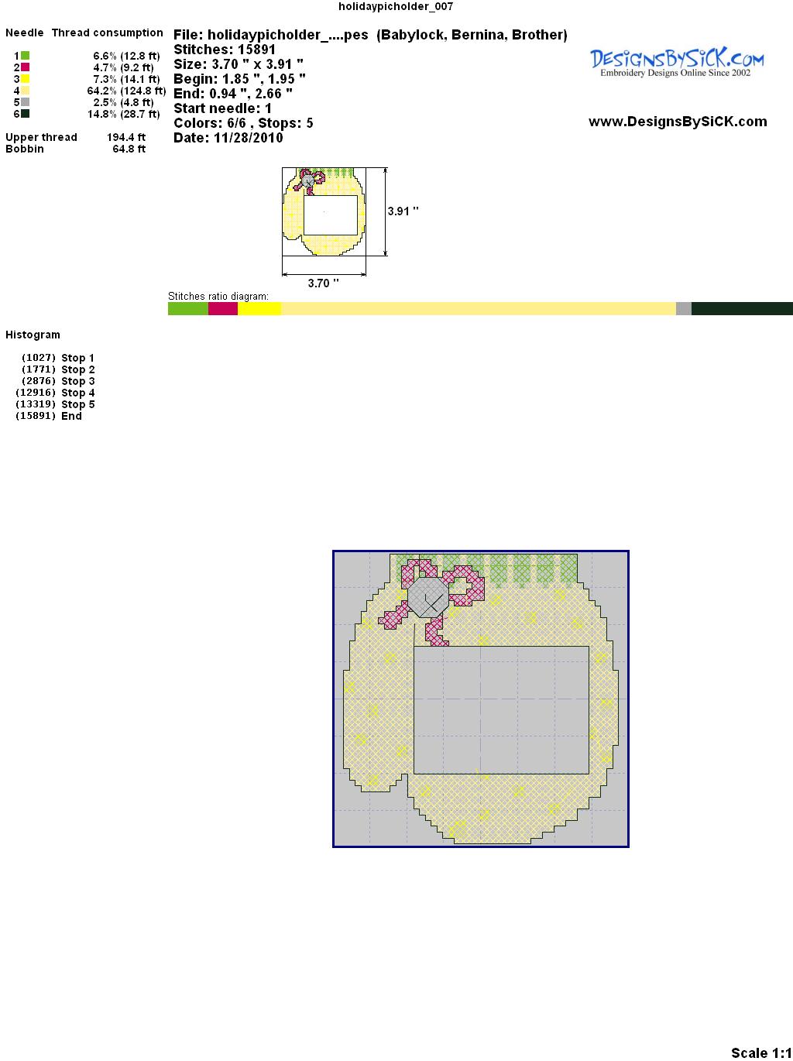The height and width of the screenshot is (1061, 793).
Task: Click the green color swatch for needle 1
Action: tap(25, 56)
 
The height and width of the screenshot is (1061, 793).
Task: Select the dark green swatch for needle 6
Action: tap(25, 114)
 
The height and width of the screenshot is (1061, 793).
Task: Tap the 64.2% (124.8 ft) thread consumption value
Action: tap(126, 91)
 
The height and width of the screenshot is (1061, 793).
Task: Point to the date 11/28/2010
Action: tap(249, 138)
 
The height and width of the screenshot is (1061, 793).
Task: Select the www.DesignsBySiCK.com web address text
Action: tap(678, 122)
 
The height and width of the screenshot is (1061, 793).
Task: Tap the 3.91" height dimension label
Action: tap(403, 211)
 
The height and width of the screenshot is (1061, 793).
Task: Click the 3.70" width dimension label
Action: tap(323, 283)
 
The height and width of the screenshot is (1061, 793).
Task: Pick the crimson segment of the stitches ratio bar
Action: tap(223, 308)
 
